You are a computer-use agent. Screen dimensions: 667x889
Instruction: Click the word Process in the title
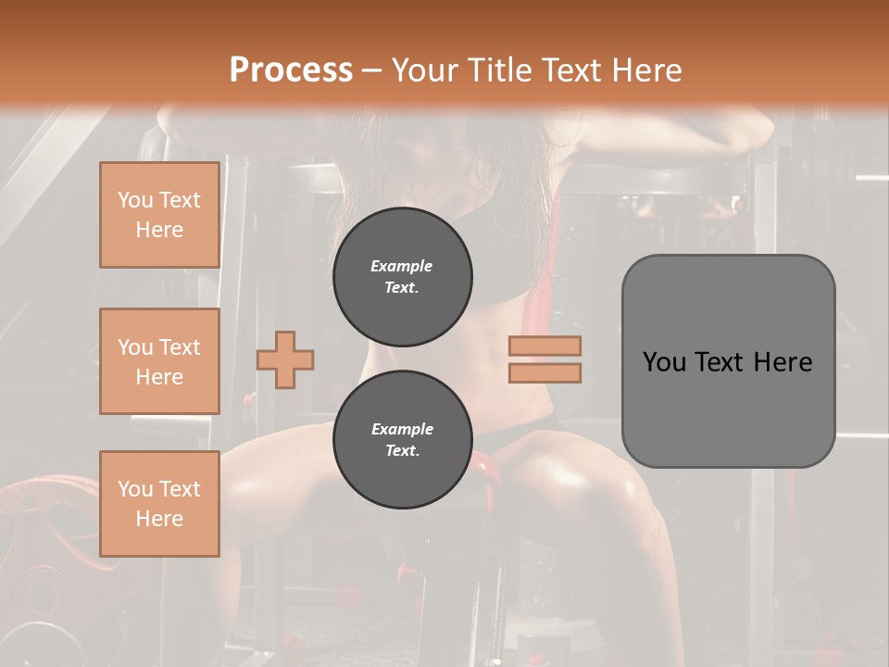tap(291, 69)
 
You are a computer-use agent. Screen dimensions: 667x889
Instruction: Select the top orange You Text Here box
tap(159, 215)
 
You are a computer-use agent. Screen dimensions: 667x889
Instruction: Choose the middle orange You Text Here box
tap(159, 361)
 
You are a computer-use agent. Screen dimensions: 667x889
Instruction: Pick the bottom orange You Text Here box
tap(159, 504)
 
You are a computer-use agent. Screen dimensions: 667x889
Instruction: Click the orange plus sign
tap(285, 359)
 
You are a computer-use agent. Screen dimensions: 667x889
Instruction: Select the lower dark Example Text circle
tap(402, 439)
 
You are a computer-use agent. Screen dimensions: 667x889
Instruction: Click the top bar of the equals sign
tap(545, 346)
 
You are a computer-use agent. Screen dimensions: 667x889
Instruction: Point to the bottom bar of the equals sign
tap(545, 372)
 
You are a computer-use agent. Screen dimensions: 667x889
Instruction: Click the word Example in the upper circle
tap(402, 266)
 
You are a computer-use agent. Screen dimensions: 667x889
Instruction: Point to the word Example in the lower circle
tap(402, 429)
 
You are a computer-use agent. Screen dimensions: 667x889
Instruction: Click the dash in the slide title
tap(371, 69)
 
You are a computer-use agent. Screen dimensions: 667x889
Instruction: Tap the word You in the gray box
tap(664, 361)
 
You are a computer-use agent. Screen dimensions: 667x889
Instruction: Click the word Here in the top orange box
tap(159, 230)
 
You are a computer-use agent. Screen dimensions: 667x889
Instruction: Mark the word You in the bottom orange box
tap(135, 489)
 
